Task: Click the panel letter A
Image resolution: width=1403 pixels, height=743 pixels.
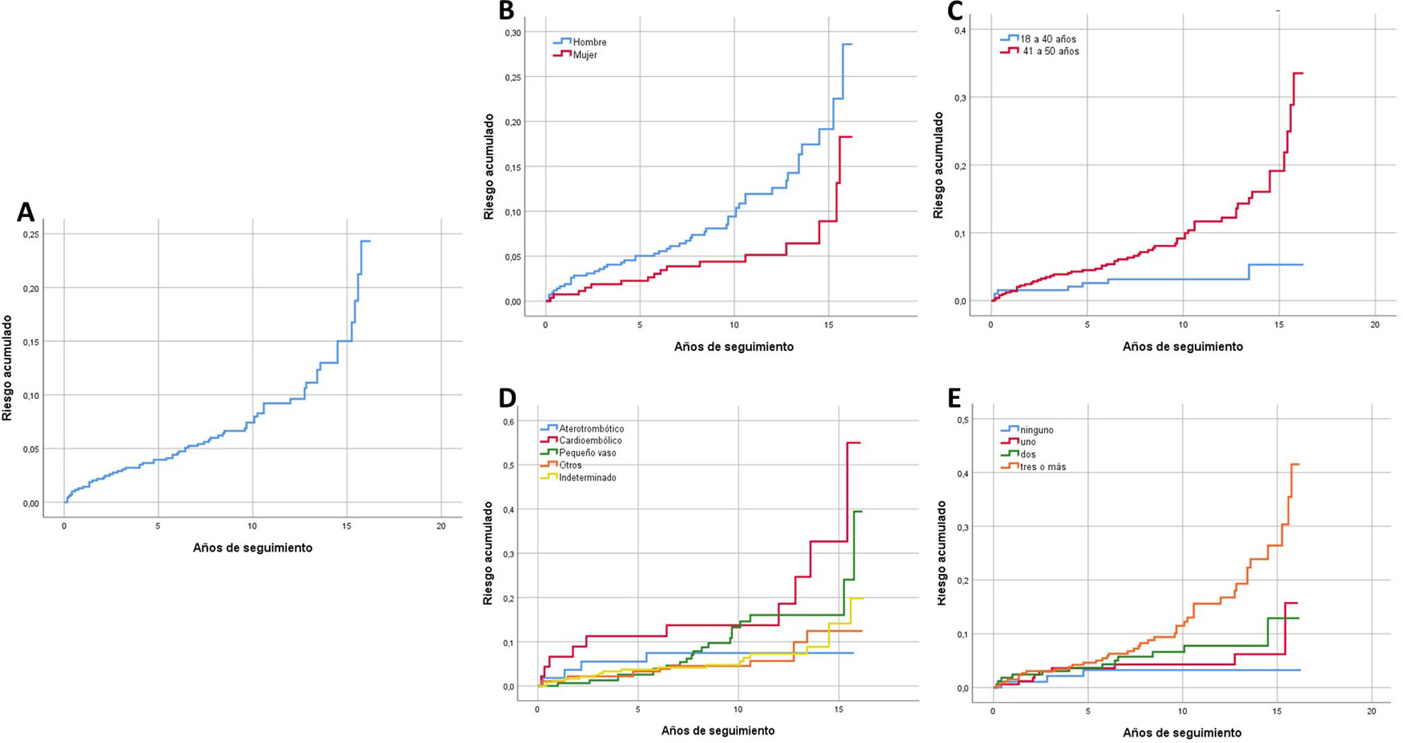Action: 25,212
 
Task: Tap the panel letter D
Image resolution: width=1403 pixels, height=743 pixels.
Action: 507,397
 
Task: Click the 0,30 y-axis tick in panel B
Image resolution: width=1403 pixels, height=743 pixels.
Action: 513,33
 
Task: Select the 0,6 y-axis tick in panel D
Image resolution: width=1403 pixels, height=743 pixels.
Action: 509,421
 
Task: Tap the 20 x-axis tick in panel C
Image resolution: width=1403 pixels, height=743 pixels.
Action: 1375,325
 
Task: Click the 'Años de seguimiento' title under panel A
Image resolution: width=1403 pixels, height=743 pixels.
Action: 253,547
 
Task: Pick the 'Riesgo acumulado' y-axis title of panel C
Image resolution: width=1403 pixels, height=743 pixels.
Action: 938,165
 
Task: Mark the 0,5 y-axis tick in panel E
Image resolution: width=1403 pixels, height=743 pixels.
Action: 963,419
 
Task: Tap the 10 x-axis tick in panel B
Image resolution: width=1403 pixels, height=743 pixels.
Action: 734,325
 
